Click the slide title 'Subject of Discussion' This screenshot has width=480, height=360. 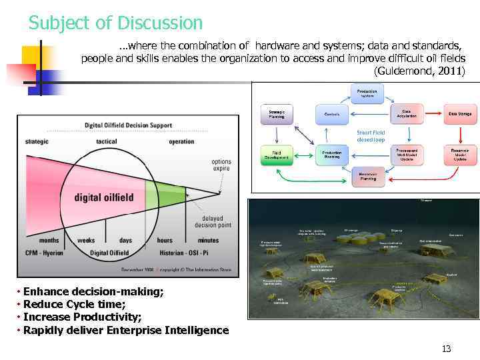(x=115, y=23)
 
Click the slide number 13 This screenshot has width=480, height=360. (x=446, y=349)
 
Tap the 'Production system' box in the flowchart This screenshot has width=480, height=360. (x=367, y=93)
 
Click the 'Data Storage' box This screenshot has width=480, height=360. (x=459, y=114)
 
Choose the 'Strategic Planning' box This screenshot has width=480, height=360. (x=276, y=114)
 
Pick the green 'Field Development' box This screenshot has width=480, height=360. (x=276, y=155)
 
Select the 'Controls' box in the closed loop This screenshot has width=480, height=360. (x=332, y=114)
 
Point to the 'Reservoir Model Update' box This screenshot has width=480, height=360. (x=460, y=155)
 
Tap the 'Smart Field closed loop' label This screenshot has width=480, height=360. (x=371, y=136)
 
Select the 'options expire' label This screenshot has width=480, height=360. (x=221, y=165)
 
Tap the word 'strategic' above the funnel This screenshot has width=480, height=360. (x=37, y=142)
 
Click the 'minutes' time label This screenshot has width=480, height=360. (x=208, y=240)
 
